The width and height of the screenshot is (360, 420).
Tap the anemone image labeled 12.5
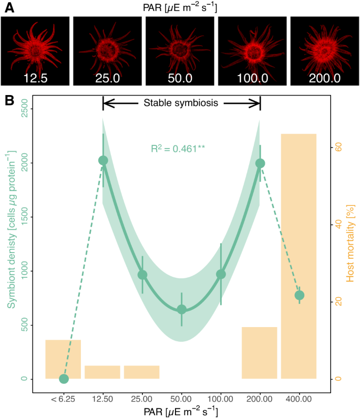35,51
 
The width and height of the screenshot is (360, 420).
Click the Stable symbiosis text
182,103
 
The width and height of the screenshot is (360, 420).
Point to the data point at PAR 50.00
181,309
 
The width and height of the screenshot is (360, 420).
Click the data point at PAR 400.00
300,295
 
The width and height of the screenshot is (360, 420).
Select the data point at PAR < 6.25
64,379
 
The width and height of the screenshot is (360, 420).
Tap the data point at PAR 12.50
103,160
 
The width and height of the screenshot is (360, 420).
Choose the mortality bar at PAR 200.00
259,352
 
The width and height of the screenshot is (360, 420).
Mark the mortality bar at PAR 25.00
142,372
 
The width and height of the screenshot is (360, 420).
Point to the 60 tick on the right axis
339,148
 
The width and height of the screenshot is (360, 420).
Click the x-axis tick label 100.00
221,398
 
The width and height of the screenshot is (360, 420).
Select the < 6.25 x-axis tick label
64,398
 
